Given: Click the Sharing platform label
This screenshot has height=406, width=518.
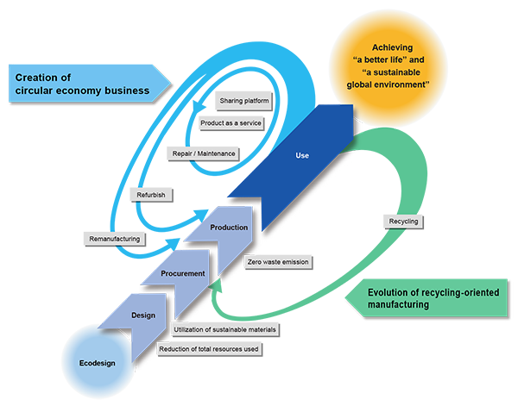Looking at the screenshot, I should [x=244, y=101].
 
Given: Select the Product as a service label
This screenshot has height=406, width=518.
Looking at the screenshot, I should [x=231, y=123].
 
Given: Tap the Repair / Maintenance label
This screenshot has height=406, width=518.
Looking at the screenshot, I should [x=204, y=153].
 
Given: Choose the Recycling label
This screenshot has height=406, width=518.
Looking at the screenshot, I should [x=403, y=222].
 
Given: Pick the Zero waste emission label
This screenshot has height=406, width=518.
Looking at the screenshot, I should [x=277, y=261].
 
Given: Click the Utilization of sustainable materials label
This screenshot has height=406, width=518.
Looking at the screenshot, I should [x=224, y=329].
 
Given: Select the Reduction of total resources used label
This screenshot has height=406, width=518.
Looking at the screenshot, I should [x=211, y=349].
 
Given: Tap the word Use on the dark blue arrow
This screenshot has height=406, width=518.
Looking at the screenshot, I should [x=302, y=156].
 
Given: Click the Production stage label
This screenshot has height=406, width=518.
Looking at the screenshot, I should [x=229, y=228].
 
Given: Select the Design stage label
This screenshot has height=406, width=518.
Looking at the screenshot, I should [x=142, y=315].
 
